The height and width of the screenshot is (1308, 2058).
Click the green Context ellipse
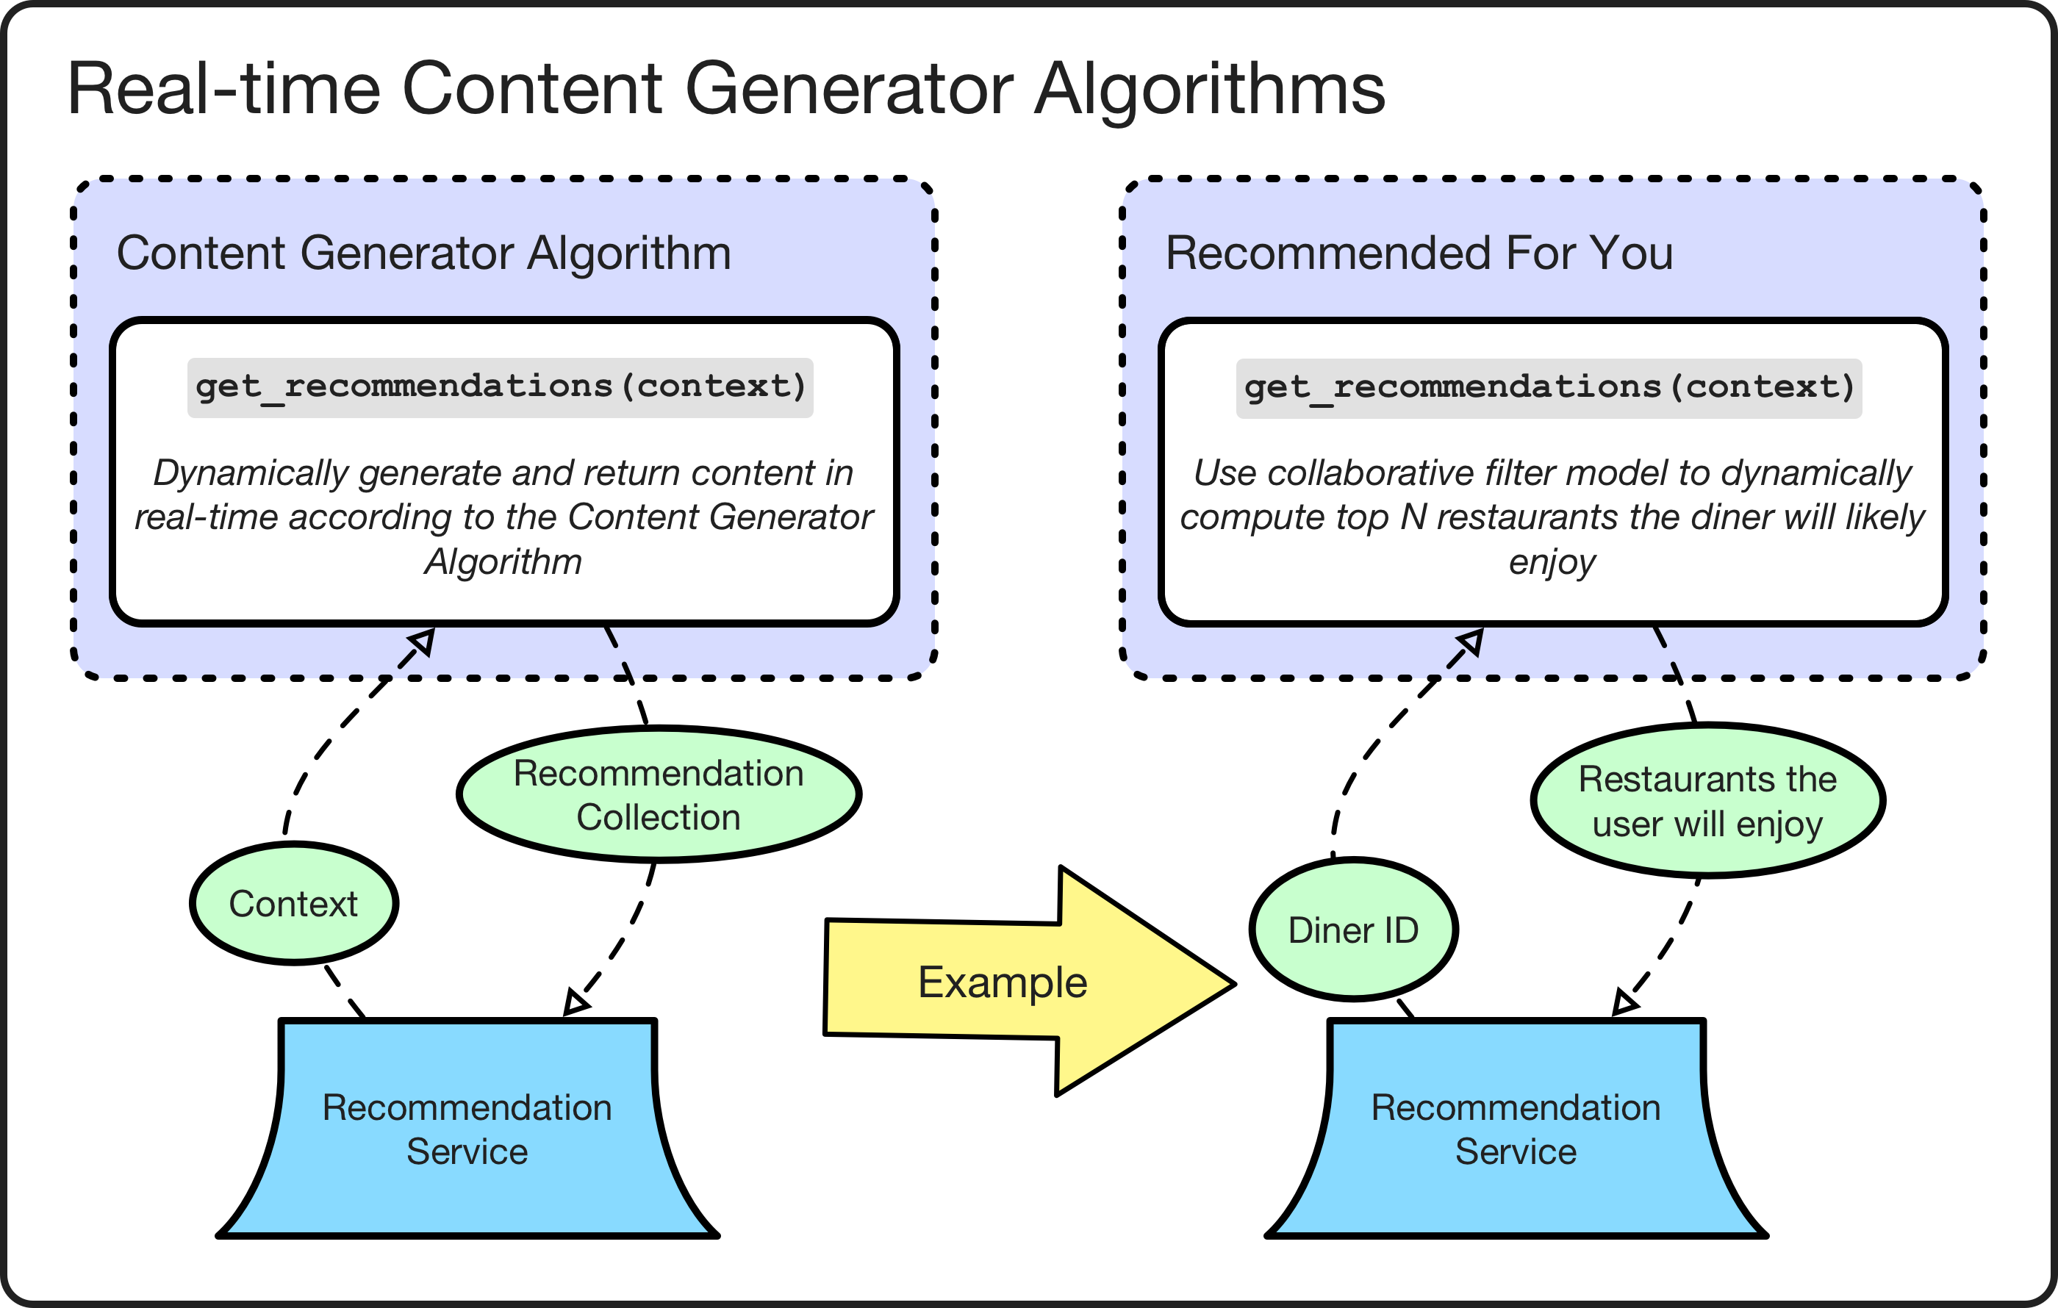click(293, 904)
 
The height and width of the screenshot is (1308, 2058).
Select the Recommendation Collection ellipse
click(658, 794)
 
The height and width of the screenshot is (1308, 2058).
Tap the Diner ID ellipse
click(1353, 930)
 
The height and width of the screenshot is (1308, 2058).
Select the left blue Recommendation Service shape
click(467, 1129)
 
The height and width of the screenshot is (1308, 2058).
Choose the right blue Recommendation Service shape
click(1516, 1129)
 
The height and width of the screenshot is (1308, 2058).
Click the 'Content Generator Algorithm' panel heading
click(424, 253)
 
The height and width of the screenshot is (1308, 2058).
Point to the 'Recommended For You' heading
click(1419, 253)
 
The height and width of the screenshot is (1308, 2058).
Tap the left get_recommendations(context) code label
click(501, 387)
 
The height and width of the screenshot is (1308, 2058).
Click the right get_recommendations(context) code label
click(1549, 388)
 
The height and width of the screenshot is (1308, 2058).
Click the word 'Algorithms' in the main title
click(1208, 89)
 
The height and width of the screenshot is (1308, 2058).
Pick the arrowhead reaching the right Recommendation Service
click(1623, 1003)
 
